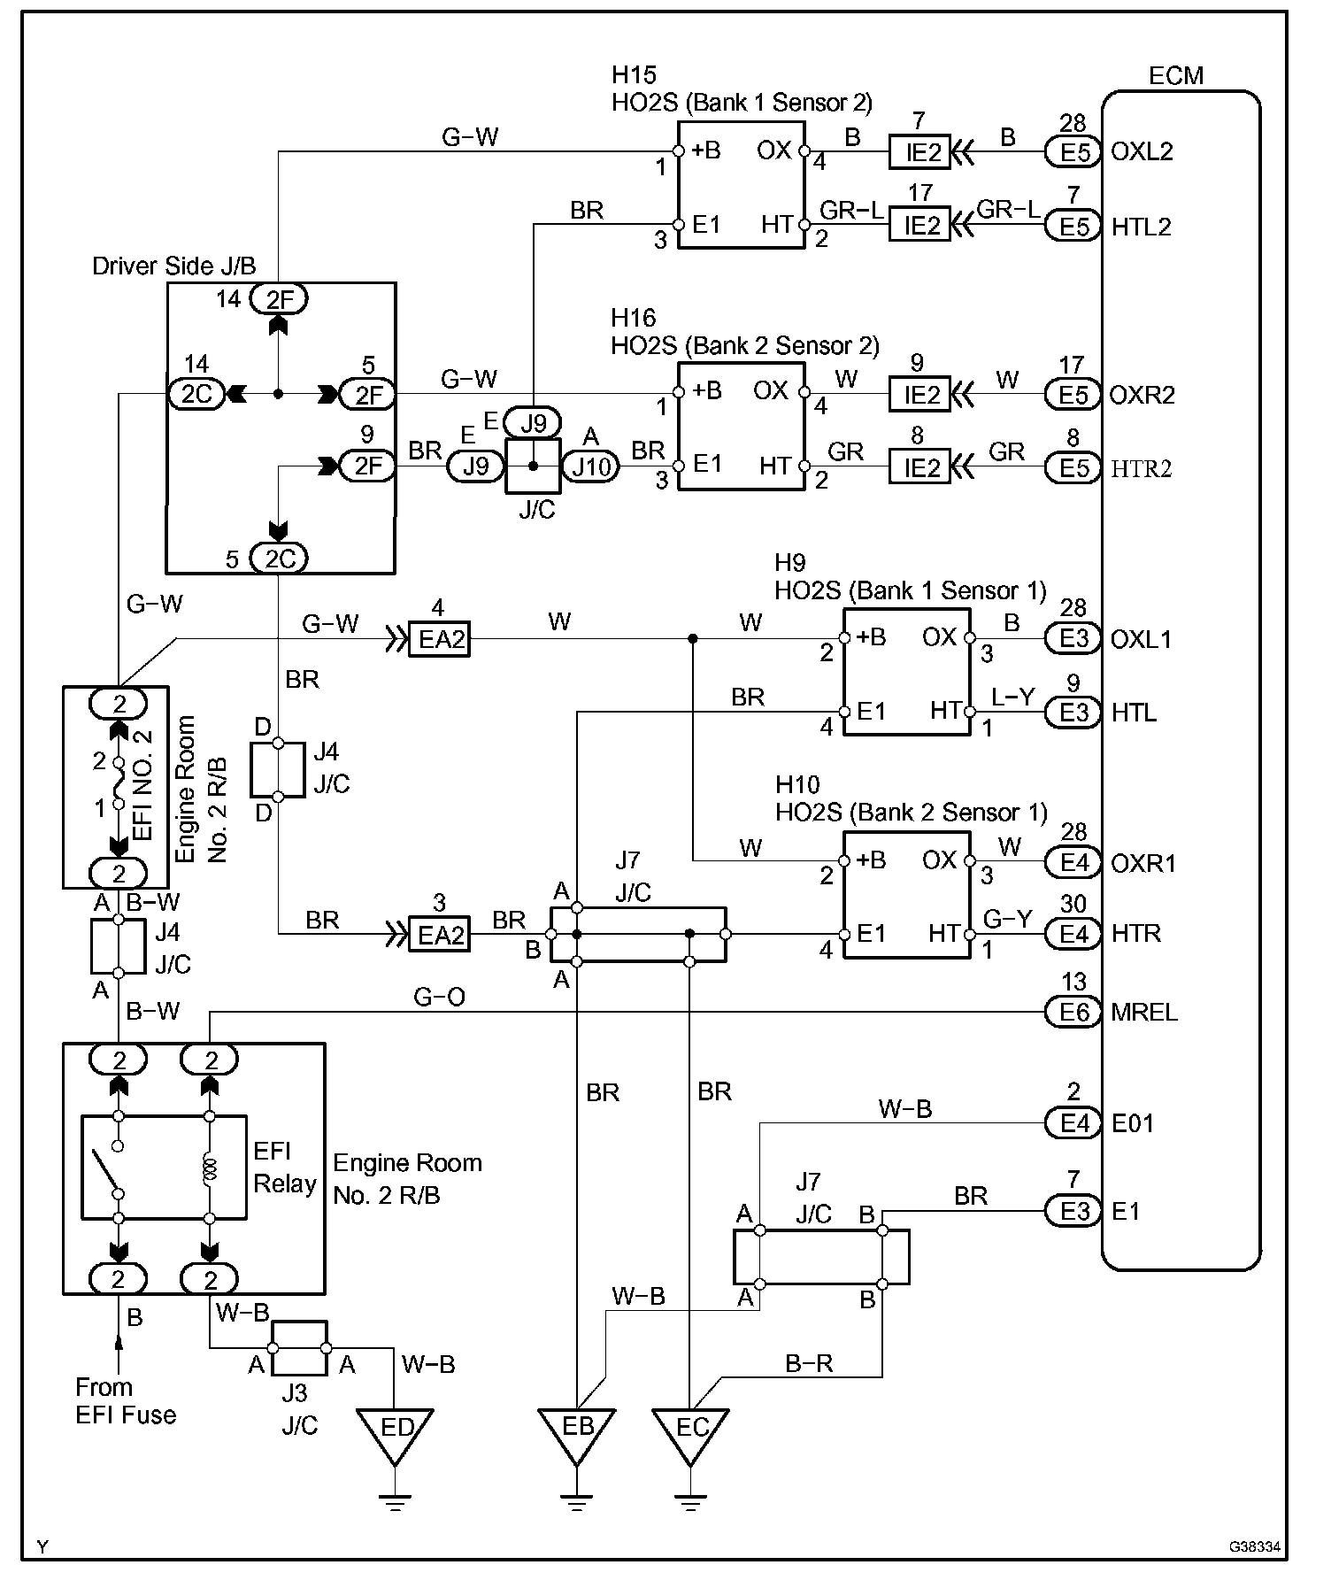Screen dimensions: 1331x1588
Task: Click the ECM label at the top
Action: [x=1176, y=75]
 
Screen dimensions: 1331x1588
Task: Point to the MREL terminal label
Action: [x=1144, y=1012]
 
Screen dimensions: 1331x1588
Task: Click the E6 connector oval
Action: [x=1073, y=1012]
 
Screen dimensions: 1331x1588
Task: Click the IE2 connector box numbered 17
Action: [x=919, y=225]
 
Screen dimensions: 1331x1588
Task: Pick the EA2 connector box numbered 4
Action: [x=439, y=638]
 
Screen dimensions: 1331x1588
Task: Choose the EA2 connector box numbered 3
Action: [x=439, y=934]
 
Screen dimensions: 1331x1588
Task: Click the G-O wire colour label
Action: [x=439, y=998]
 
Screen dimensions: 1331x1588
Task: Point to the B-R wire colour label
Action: [x=810, y=1364]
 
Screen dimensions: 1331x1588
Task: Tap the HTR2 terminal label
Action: [x=1142, y=468]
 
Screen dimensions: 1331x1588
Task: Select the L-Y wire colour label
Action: [x=1012, y=698]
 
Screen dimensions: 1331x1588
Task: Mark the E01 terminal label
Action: [x=1133, y=1123]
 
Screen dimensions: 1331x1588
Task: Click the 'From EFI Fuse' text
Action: [x=126, y=1399]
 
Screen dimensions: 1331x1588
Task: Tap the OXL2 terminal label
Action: [x=1143, y=151]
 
